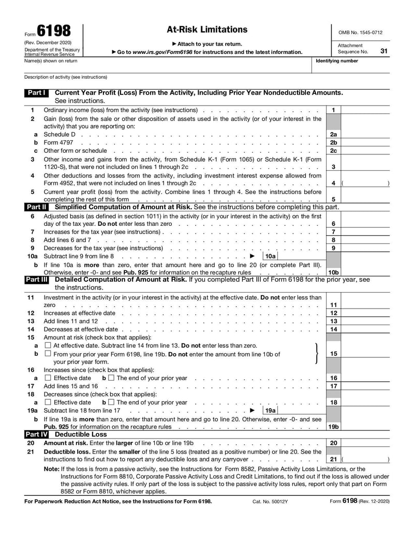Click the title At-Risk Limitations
207,30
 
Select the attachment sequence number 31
383,51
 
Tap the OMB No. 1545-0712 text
360,32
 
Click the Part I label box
37,93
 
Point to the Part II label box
37,207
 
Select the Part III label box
37,280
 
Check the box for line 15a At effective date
48,345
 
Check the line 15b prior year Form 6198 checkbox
48,354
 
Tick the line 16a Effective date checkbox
48,378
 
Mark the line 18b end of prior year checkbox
112,402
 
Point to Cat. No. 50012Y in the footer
270,501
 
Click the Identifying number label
337,61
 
